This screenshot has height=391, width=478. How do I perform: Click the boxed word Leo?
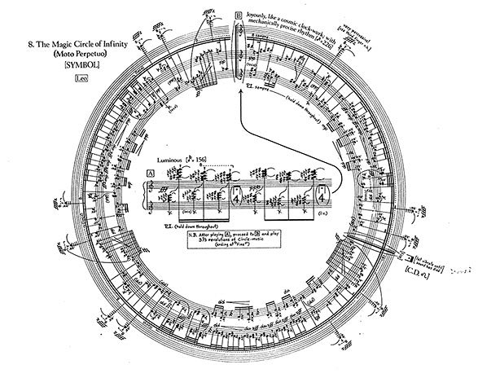coord(79,78)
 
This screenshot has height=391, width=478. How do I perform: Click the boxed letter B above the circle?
coord(238,15)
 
